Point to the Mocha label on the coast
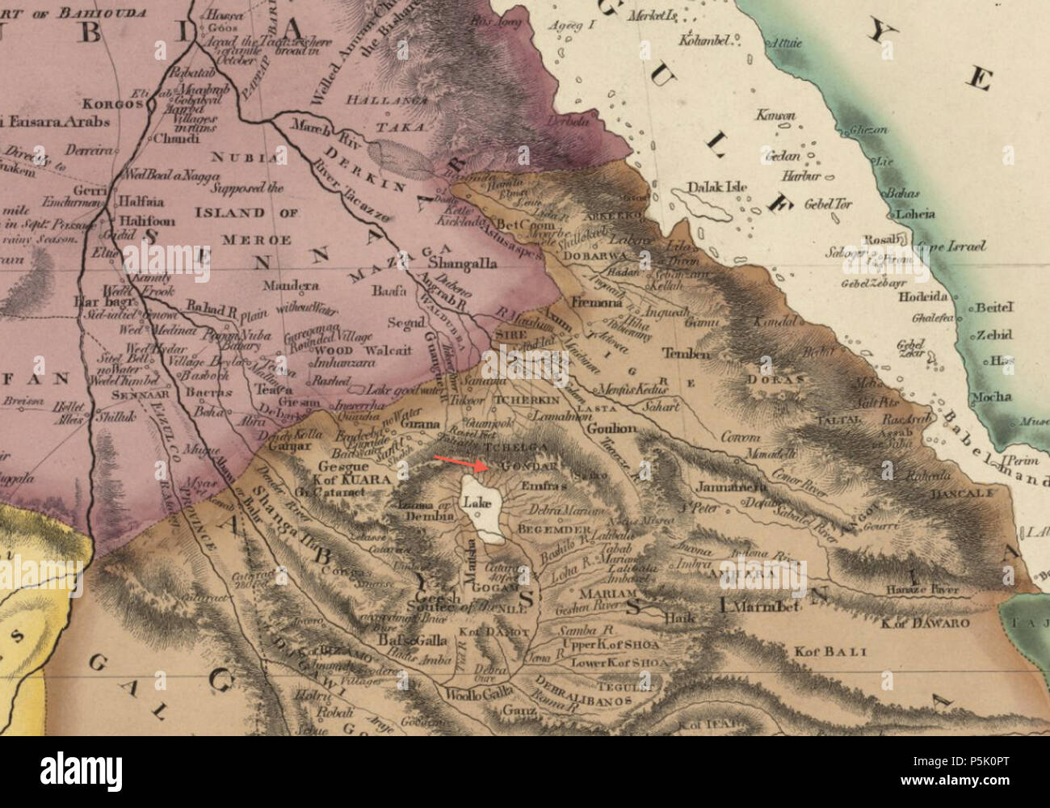[991, 397]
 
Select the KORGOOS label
[119, 104]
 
